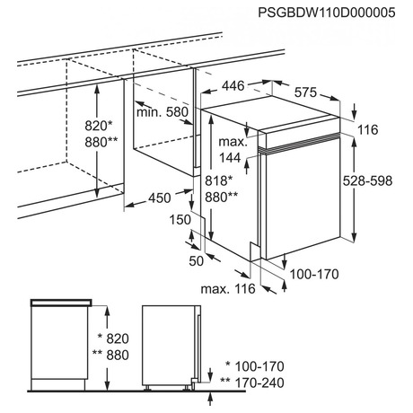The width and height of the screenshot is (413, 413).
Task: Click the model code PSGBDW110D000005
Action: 327,13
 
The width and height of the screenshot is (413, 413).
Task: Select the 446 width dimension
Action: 233,86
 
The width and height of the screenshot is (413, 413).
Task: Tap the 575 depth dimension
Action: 305,92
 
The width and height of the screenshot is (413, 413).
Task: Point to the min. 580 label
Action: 163,112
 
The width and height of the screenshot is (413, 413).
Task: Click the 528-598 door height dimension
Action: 367,180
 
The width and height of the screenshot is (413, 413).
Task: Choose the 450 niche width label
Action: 160,198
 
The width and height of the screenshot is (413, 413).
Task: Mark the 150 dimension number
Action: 180,220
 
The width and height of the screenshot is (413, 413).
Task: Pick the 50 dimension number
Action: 197,260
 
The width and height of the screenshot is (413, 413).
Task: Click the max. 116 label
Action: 228,289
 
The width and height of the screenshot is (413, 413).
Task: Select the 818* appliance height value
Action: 219,180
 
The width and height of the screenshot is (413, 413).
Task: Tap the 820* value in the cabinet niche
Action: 99,126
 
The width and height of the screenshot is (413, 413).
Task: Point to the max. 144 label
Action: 233,149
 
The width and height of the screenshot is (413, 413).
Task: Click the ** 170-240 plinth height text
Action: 252,382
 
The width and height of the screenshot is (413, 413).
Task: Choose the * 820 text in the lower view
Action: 113,338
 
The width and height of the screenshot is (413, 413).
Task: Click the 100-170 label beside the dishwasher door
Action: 314,274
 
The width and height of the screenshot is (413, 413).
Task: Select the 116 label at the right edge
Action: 368,130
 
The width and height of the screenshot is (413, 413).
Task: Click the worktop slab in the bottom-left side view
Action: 61,303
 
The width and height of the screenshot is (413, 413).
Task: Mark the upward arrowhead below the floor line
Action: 210,396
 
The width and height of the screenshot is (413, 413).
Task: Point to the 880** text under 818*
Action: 222,198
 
